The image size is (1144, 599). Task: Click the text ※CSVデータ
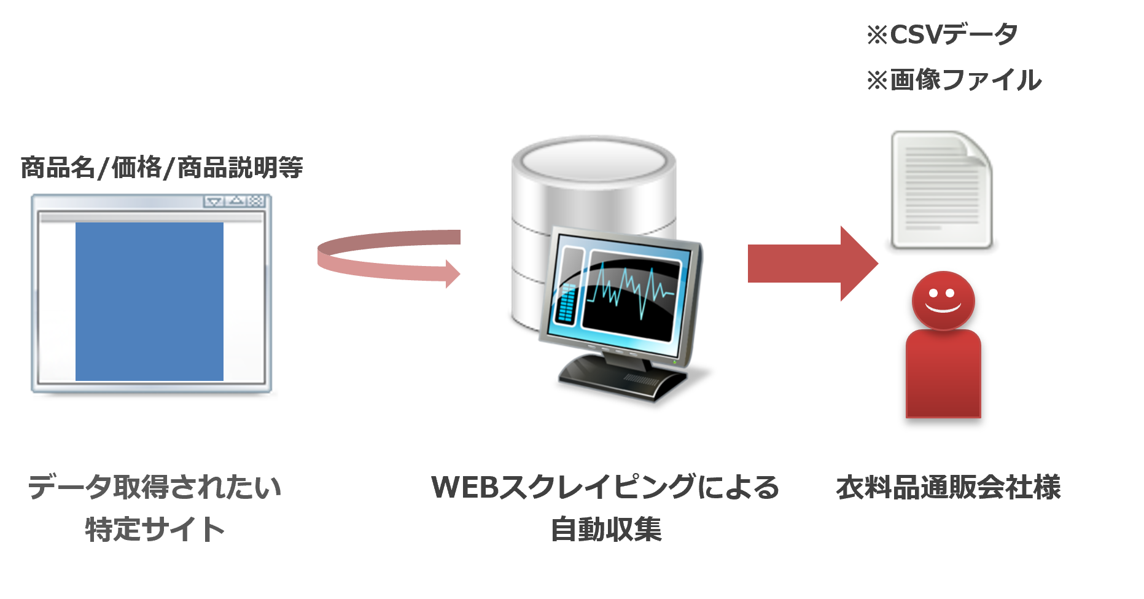[x=942, y=35]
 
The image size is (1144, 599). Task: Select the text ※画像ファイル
[x=954, y=80]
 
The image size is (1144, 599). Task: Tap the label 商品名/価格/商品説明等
[x=161, y=167]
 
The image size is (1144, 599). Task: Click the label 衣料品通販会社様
[x=948, y=487]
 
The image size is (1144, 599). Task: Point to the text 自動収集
[x=606, y=529]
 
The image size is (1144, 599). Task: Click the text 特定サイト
[x=155, y=529]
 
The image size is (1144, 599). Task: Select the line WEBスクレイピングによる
[x=605, y=487]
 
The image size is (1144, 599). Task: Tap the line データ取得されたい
[x=155, y=487]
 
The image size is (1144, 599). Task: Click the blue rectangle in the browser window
[x=149, y=301]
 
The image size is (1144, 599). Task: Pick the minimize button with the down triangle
[x=214, y=201]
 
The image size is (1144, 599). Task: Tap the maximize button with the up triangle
[x=236, y=201]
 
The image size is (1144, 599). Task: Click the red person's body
[x=943, y=375]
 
